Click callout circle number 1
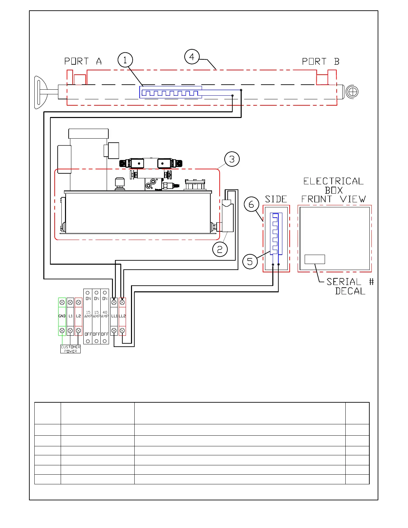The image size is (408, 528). pos(125,60)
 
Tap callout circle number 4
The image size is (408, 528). pos(192,57)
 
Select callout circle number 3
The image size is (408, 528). pos(232,159)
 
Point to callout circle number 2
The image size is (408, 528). pos(220,249)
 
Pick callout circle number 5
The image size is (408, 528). pos(250,261)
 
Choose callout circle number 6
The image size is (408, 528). pos(251,204)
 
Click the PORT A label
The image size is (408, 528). pos(83,61)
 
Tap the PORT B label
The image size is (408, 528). pos(320,62)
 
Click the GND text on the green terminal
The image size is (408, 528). pos(62,316)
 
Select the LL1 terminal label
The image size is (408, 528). pos(114,316)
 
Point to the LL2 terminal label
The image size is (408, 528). pos(122,316)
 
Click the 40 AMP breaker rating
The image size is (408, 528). pos(105,314)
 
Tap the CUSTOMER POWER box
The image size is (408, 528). pos(70,349)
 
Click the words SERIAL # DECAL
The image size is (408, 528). pos(350,286)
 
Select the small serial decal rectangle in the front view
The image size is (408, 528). pos(315,259)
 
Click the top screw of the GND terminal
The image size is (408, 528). pos(62,302)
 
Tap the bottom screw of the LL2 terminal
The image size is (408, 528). pos(122,331)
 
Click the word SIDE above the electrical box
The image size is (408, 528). pos(276,199)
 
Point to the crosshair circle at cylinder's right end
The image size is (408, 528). pos(352,91)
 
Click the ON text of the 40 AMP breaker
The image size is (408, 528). pos(105,299)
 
